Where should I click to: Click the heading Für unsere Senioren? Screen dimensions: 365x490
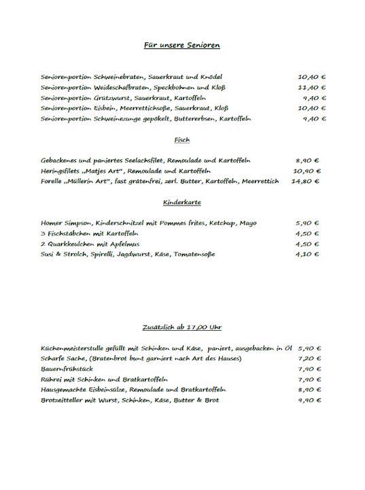181,45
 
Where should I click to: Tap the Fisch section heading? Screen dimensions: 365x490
181,140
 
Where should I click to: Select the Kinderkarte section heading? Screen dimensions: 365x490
181,203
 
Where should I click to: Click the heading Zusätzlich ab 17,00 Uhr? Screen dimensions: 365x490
181,327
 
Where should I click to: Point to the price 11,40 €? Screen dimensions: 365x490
311,88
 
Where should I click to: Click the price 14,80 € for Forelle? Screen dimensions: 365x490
305,182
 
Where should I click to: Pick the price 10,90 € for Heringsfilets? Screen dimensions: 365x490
307,171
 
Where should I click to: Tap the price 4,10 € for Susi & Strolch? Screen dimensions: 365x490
307,255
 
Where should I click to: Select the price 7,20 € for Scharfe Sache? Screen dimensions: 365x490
309,359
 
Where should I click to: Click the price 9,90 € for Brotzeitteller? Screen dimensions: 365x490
309,400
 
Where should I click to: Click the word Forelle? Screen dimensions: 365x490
52,182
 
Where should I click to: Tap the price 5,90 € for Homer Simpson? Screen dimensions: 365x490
307,223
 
